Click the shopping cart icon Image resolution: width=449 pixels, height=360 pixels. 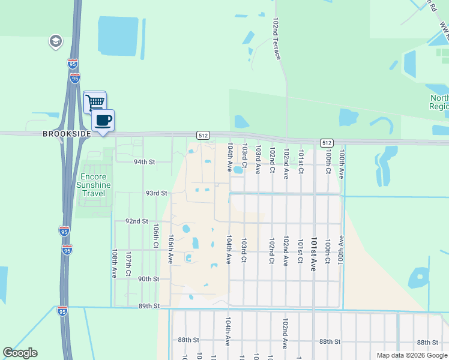[x=95, y=102]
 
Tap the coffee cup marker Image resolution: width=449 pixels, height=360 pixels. [x=103, y=120]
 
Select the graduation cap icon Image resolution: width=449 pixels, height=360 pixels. [x=56, y=41]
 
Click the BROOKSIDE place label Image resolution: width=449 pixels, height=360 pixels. [x=65, y=134]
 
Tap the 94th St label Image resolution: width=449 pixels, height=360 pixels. [x=144, y=162]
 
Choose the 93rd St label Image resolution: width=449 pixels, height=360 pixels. [x=155, y=193]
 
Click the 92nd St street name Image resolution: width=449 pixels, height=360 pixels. [x=136, y=221]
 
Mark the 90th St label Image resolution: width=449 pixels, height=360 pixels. [x=148, y=279]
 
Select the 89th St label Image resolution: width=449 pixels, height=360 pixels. [x=149, y=306]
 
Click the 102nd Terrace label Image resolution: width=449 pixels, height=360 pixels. [x=277, y=38]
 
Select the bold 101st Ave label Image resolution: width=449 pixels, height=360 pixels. [x=313, y=254]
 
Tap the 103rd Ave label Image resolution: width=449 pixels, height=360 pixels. [x=258, y=159]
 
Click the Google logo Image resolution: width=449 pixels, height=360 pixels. [x=20, y=353]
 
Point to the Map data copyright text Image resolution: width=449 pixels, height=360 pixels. [x=411, y=355]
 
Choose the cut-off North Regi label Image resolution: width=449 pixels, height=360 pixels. [x=439, y=102]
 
